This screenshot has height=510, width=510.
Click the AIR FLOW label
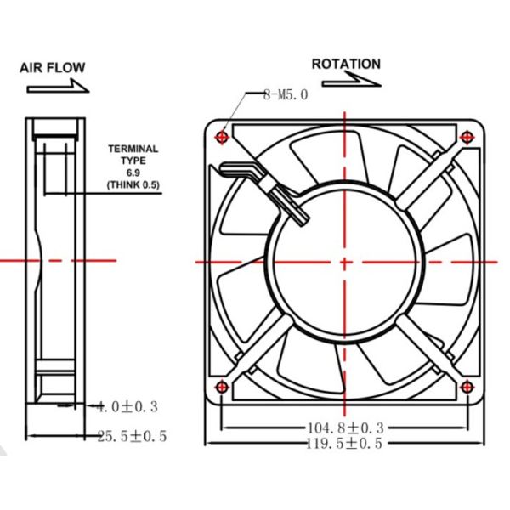click(x=52, y=68)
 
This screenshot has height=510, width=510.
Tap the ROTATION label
click(x=346, y=64)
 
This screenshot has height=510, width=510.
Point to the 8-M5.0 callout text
click(x=285, y=95)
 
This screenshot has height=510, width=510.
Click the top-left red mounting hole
click(x=223, y=136)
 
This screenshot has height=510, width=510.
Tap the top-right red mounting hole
click(x=467, y=136)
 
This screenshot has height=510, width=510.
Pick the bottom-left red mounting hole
click(x=223, y=388)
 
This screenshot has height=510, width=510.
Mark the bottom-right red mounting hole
click(x=467, y=388)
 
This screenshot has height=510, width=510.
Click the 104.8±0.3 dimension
click(x=344, y=427)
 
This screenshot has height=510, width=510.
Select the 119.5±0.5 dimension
click(x=344, y=443)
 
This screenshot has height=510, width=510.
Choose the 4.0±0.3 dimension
click(x=127, y=407)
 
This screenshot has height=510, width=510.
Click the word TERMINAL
click(x=133, y=150)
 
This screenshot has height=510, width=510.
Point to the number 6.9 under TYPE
click(x=133, y=173)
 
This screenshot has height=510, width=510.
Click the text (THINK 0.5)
click(x=133, y=184)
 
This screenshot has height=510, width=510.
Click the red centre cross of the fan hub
click(x=345, y=262)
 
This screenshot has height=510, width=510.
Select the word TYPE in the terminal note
click(x=133, y=161)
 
